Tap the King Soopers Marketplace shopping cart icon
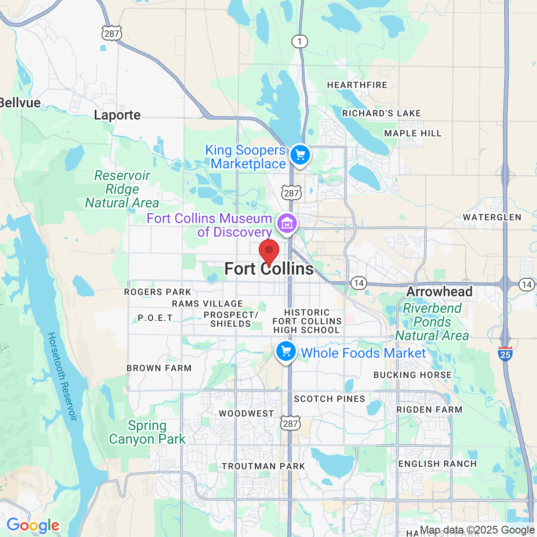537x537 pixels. pos(300,155)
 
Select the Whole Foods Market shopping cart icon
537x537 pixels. pos(286,351)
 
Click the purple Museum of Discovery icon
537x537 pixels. pos(287,224)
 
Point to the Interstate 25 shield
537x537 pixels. pos(505,353)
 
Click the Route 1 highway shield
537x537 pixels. pos(300,41)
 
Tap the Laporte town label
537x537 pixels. pos(117,115)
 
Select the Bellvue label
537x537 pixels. pos(20,103)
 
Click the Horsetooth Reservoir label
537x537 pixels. pos(62,376)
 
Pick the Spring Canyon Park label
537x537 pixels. pos(147,433)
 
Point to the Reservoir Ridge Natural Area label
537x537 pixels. pos(122,189)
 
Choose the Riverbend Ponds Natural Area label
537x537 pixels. pos(432,322)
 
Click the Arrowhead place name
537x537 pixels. pos(439,291)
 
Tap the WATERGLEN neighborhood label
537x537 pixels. pos(492,217)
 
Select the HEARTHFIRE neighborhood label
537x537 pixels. pos(357,85)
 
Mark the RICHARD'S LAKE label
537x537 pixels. pos(381,113)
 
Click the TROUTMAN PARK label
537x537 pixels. pos(264,466)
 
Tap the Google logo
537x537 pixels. pos(33,525)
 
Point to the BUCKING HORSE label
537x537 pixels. pos(413,375)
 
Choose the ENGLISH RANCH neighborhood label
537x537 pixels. pos(437,464)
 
